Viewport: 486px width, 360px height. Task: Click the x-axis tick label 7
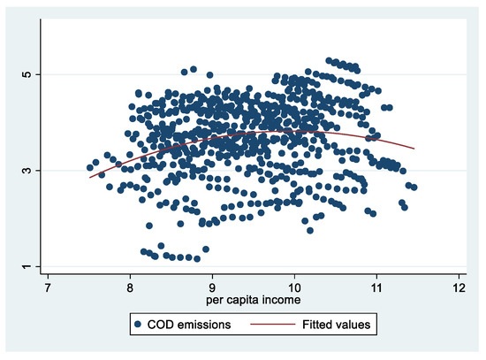47,287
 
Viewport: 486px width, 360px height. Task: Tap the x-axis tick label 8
130,287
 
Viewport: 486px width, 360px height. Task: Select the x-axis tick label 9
212,287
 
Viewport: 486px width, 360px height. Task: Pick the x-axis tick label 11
376,287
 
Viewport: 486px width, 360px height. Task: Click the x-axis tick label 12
459,287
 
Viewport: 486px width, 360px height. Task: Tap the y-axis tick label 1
26,266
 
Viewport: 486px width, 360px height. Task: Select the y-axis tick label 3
26,170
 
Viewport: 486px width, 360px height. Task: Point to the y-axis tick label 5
26,73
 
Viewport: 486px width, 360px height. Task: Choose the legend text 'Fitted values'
334,326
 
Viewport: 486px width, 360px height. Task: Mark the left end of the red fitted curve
89,178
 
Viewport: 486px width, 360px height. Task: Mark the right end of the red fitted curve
414,148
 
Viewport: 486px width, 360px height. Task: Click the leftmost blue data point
89,167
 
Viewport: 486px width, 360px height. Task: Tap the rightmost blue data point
414,188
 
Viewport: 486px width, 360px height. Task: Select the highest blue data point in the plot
329,61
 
